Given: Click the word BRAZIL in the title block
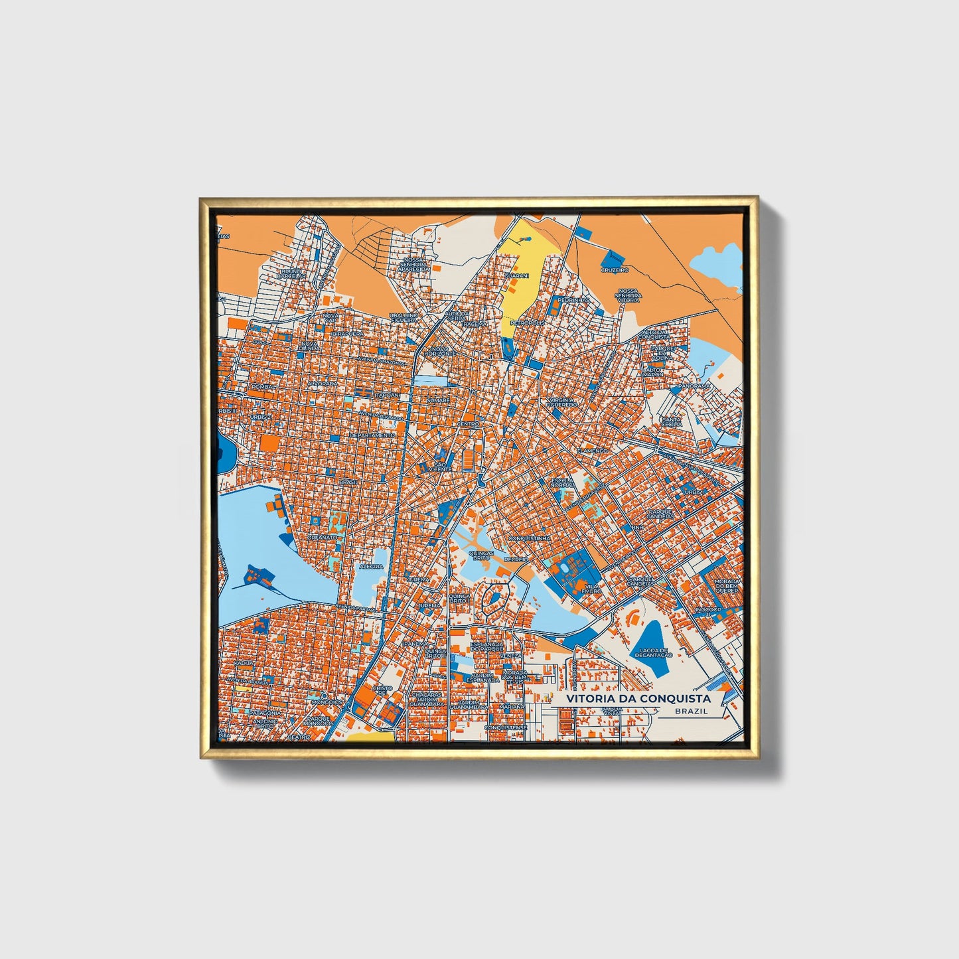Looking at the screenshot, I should click(690, 711).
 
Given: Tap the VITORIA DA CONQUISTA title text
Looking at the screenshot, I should click(638, 698).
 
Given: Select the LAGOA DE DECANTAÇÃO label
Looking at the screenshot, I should click(653, 652).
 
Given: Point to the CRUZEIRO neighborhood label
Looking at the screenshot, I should click(615, 270).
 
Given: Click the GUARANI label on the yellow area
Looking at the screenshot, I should click(516, 275).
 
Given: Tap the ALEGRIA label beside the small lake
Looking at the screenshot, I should click(371, 566).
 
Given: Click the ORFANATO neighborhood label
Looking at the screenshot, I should click(323, 537).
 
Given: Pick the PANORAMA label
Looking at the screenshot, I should click(694, 386).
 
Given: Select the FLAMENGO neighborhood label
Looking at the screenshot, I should click(592, 450).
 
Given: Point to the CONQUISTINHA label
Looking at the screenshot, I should click(529, 538).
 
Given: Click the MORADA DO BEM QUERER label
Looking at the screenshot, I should click(727, 586).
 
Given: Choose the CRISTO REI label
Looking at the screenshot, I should click(382, 690).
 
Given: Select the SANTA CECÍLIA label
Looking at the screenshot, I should click(671, 422).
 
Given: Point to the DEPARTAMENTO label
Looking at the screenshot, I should click(372, 435).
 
